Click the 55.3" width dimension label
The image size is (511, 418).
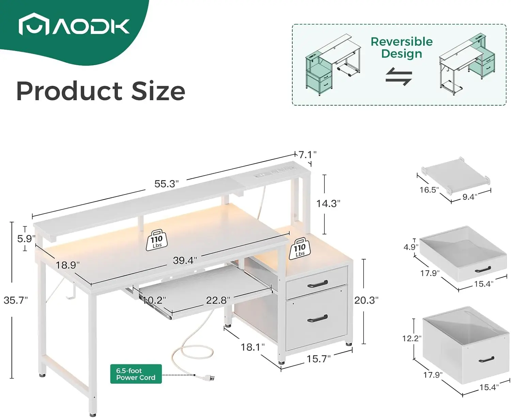pos(166,184)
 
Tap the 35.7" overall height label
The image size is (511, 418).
pos(16,300)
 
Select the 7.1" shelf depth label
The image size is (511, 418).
pos(307,155)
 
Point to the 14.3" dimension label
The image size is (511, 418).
pos(328,204)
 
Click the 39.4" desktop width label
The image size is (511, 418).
pos(185,260)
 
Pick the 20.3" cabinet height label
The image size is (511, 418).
pos(366,300)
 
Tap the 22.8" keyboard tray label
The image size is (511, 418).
pos(218,300)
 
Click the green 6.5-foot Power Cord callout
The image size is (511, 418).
pos(136,374)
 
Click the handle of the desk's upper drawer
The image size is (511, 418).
pos(317,283)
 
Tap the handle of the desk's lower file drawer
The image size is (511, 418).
pos(317,319)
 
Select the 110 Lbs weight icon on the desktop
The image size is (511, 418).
pos(157,241)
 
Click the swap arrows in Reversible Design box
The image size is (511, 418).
pos(399,77)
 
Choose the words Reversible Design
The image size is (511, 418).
pos(402,48)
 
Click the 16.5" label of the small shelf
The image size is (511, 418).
pos(429,190)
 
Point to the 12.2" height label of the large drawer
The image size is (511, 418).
pos(412,338)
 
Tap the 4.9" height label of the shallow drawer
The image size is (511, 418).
pos(411,247)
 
